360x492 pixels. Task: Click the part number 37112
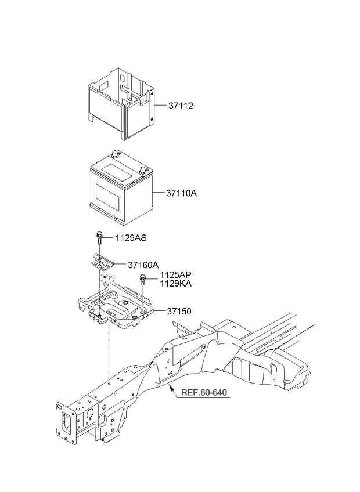tap(181, 106)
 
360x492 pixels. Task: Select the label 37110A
tap(181, 193)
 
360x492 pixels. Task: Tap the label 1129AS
tap(131, 238)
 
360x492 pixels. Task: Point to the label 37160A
tap(143, 265)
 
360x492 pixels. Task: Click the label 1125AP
tap(175, 275)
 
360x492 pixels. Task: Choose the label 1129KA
tap(175, 284)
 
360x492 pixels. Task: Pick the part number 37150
tap(179, 311)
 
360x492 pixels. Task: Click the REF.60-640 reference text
tap(204, 393)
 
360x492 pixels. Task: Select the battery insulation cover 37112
tap(122, 103)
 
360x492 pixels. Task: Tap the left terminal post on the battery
tap(114, 154)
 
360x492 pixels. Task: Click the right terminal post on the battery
tap(143, 171)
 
